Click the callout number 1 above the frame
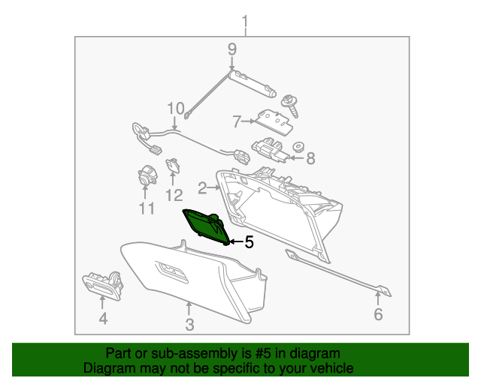[x=245, y=22]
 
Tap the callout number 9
[x=232, y=49]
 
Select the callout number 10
[x=175, y=109]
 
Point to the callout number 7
[x=236, y=121]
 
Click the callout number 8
[x=310, y=158]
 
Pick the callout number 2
[x=202, y=187]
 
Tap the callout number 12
[x=174, y=195]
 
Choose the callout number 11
[x=147, y=208]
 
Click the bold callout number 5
[x=249, y=242]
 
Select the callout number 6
[x=378, y=314]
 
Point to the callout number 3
[x=189, y=325]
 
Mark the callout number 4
[x=103, y=319]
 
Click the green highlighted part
[x=206, y=226]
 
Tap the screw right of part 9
[x=290, y=106]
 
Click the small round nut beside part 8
[x=298, y=147]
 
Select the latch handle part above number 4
[x=103, y=285]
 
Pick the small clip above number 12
[x=173, y=166]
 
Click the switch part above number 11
[x=147, y=175]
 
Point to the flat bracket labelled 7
[x=274, y=122]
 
